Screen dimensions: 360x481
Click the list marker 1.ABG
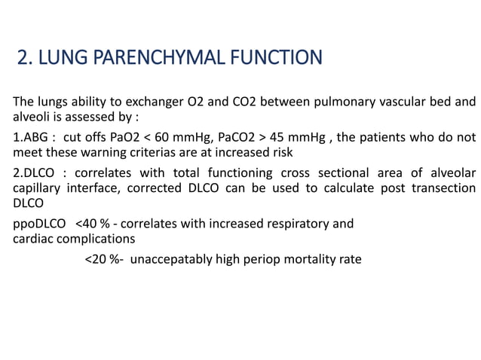29,138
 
